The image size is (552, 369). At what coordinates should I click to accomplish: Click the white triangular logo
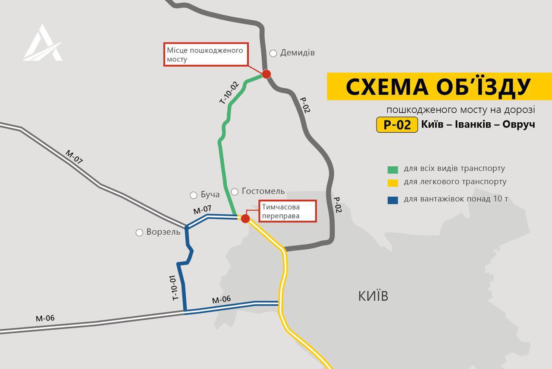(x=42, y=43)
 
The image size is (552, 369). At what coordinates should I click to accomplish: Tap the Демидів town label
(x=297, y=53)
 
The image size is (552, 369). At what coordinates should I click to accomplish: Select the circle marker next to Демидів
(x=273, y=54)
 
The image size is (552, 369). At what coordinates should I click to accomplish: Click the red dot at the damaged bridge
(x=267, y=74)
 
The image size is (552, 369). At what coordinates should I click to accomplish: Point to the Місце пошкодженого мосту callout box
(x=206, y=54)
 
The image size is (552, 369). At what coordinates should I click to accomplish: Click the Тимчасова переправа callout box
(x=287, y=211)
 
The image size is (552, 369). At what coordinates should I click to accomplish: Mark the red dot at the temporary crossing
(x=245, y=219)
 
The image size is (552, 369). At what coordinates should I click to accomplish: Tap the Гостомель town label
(x=263, y=191)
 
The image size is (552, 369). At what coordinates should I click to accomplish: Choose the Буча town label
(x=210, y=194)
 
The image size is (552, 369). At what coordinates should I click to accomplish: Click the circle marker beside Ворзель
(x=139, y=233)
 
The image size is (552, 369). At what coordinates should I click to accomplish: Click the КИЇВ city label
(x=373, y=296)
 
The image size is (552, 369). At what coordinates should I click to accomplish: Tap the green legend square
(x=392, y=169)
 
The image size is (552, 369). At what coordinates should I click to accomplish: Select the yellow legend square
(x=392, y=183)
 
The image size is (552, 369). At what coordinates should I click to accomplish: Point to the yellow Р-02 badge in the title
(x=397, y=124)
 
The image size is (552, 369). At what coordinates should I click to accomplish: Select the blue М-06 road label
(x=221, y=299)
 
